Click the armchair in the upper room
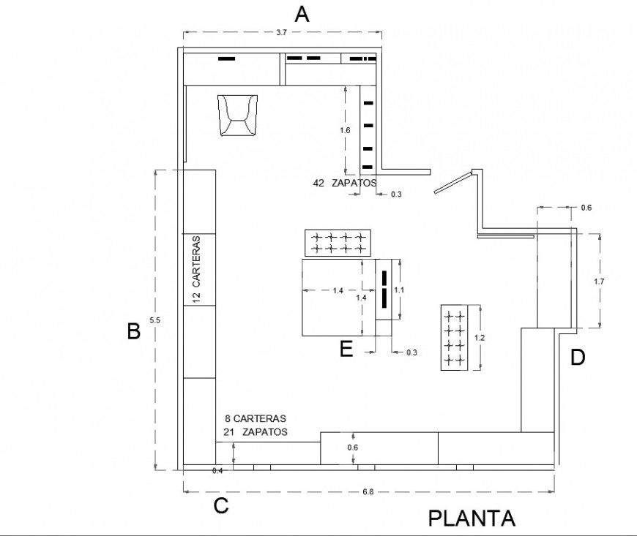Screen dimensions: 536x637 coord(238,115)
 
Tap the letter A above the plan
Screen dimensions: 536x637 coord(302,15)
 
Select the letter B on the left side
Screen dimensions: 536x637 coord(133,332)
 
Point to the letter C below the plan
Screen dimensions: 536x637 coord(220,506)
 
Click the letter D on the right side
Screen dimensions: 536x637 coord(578,358)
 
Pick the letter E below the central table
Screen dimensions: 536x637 coord(346,350)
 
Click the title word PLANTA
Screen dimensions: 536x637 coord(472,518)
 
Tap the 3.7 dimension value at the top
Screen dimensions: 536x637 coord(280,33)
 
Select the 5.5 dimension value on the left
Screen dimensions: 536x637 coord(152,320)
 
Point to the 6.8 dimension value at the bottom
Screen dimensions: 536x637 coord(368,492)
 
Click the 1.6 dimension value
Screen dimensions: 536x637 coord(346,129)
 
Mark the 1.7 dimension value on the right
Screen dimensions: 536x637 coord(599,281)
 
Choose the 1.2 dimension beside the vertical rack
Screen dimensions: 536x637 coord(480,338)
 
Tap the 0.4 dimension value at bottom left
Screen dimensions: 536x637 coord(217,470)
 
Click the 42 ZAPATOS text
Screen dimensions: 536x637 coord(344,184)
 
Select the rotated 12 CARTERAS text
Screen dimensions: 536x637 coord(196,268)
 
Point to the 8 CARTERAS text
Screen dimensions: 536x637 coord(255,418)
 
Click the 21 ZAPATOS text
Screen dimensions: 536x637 coord(255,432)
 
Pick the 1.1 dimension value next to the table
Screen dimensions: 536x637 coord(399,290)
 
